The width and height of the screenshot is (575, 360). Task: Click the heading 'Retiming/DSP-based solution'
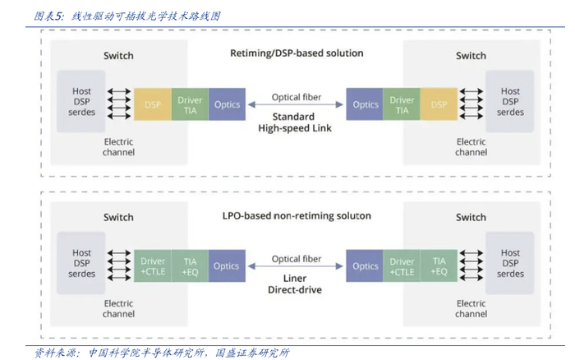click(297, 53)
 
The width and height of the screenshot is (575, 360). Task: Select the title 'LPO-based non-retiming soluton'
click(297, 215)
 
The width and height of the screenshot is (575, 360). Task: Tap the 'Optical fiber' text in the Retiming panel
click(296, 97)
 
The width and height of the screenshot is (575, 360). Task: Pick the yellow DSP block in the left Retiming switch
click(153, 105)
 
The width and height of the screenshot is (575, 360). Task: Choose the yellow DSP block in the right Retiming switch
click(439, 105)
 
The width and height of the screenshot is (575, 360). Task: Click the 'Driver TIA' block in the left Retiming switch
click(191, 105)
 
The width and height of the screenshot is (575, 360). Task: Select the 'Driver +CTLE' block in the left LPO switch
click(153, 266)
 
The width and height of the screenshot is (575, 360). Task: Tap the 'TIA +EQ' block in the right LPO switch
click(439, 266)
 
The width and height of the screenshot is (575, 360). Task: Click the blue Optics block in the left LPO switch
click(227, 266)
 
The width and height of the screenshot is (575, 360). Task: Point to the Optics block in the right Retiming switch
click(366, 105)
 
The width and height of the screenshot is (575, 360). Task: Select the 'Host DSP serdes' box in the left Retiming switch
click(82, 102)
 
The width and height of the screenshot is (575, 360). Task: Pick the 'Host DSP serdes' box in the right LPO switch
click(510, 264)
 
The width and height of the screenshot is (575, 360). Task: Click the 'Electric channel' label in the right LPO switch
click(471, 308)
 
